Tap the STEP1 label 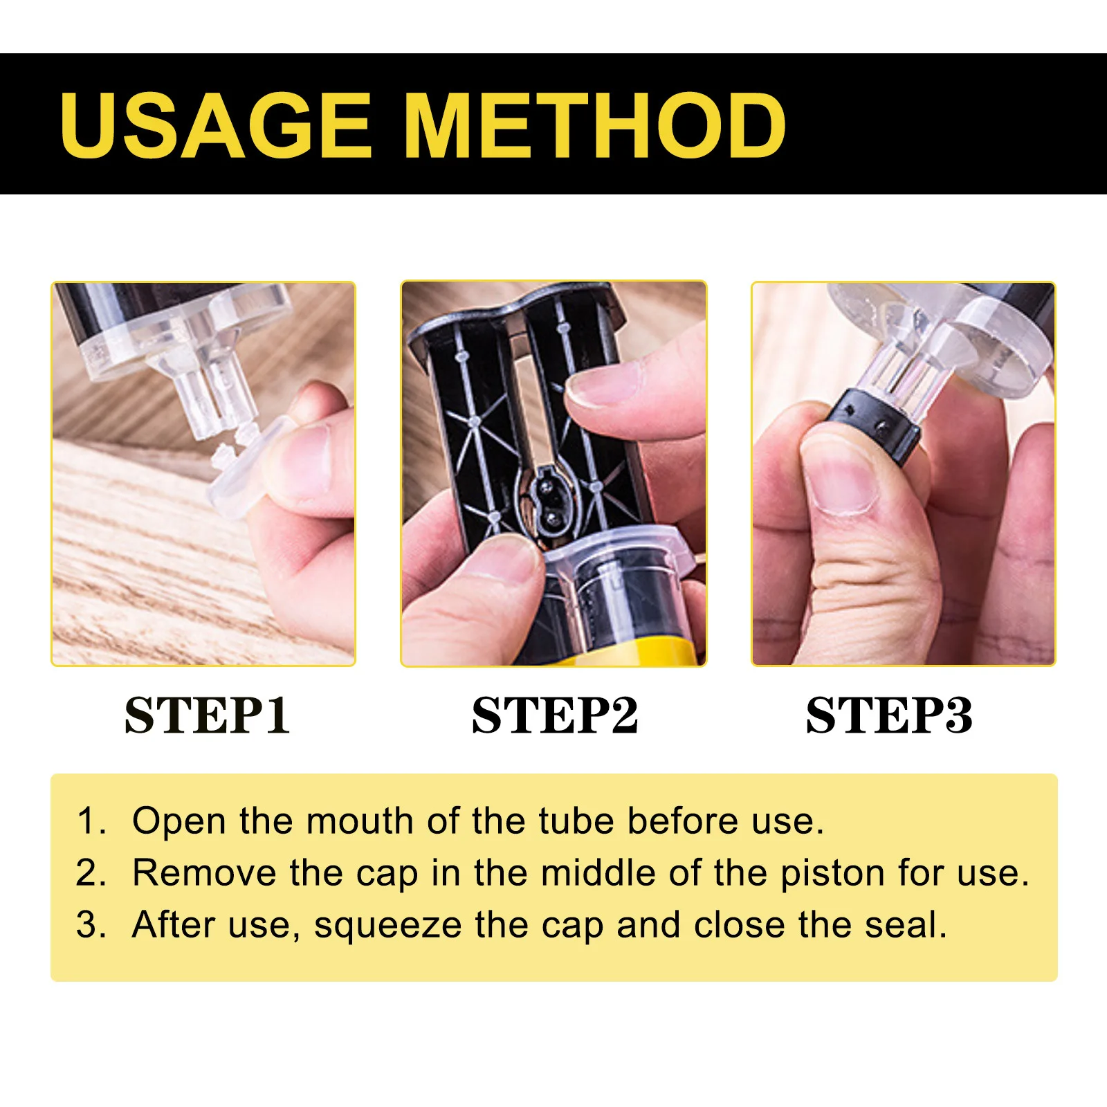tap(207, 715)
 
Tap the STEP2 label tap(554, 715)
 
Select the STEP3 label tap(889, 715)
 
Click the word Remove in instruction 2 tap(203, 872)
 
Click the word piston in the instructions tap(832, 874)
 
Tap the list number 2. tap(89, 873)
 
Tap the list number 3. tap(89, 925)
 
